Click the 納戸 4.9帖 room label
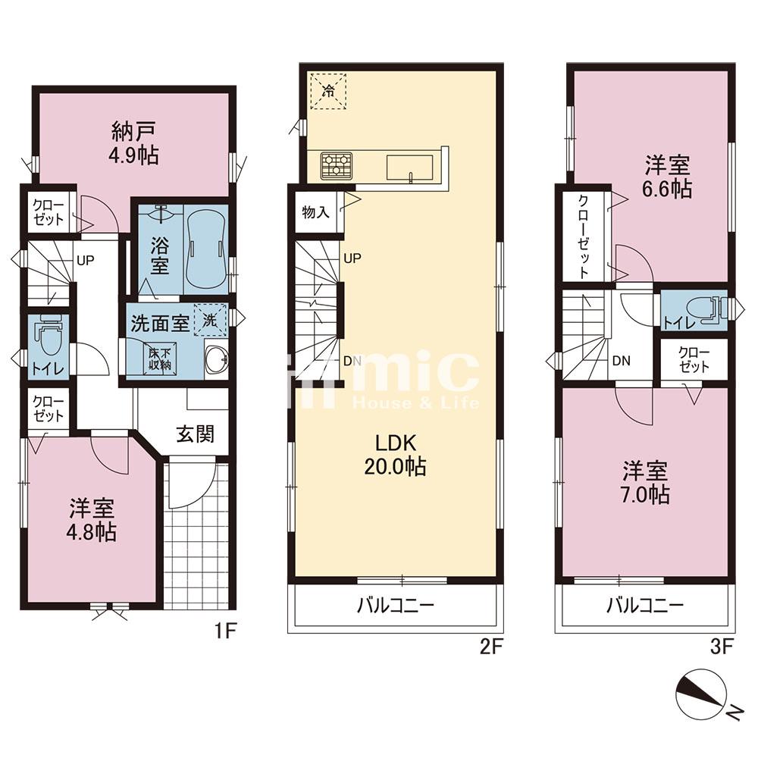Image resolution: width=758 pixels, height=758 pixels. coord(134,143)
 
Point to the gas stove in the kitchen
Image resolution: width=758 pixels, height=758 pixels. coord(336,166)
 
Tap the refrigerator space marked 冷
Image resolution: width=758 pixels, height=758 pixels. coord(327,91)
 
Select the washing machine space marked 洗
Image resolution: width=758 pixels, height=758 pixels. coord(210,320)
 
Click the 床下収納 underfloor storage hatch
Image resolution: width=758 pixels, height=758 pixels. coord(159,358)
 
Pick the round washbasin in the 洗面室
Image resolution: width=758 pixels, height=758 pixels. coord(216,361)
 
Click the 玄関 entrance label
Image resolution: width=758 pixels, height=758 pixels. coord(196,434)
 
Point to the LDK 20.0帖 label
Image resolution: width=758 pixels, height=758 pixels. coord(396,455)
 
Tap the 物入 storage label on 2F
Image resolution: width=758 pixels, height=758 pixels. coord(315,211)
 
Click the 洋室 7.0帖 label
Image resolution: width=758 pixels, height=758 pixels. coord(645,482)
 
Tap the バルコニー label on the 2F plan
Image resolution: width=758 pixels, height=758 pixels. coord(396,605)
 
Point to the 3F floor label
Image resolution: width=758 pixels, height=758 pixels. coord(722,646)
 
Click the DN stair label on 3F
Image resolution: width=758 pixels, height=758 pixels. coord(622,361)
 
